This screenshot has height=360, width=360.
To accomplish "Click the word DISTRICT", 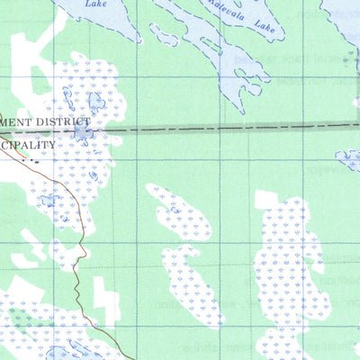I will click(62, 120).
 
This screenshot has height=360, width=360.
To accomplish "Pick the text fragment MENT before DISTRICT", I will click(16, 121).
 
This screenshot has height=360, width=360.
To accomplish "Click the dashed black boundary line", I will click(225, 128).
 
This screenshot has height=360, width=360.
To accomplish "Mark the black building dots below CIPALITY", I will click(31, 161).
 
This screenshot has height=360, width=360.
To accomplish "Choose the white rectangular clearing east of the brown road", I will click(105, 301).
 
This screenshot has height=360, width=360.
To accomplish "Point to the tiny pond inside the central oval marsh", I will click(175, 211).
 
